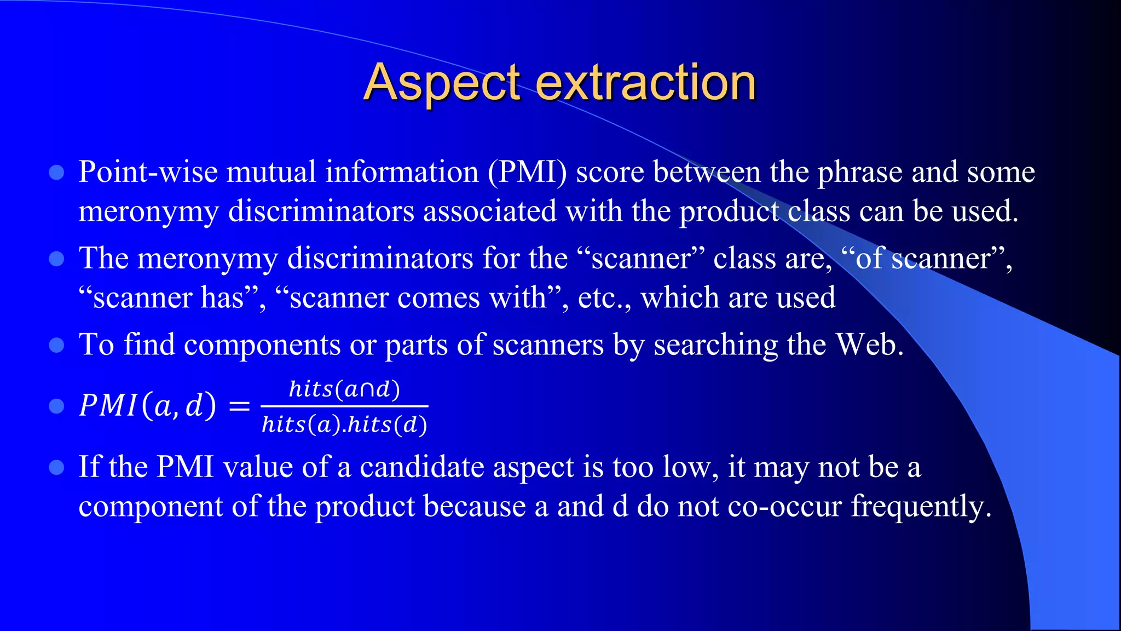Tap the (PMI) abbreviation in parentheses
click(x=527, y=172)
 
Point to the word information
click(x=402, y=172)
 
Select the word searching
click(x=715, y=345)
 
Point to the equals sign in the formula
click(x=239, y=406)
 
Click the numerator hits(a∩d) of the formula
click(x=344, y=389)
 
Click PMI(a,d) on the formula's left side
click(x=147, y=406)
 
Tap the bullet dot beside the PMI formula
click(x=56, y=406)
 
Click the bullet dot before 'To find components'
click(x=56, y=345)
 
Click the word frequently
click(x=921, y=507)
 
